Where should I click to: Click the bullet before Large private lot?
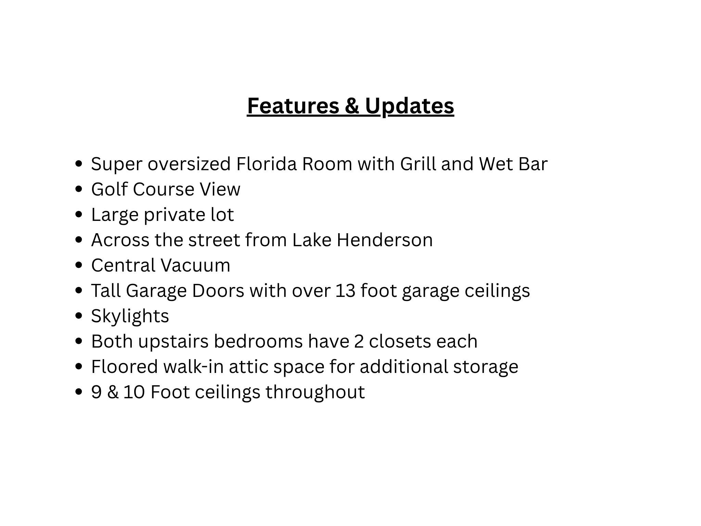79,214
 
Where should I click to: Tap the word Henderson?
385,240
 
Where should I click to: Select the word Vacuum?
195,265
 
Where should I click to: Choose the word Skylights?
130,316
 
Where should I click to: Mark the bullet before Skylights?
79,316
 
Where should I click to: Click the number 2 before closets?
359,341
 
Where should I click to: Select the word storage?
486,366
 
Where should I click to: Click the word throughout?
315,392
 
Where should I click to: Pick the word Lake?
312,240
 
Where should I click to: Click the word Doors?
218,290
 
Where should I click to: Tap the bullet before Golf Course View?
79,189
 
